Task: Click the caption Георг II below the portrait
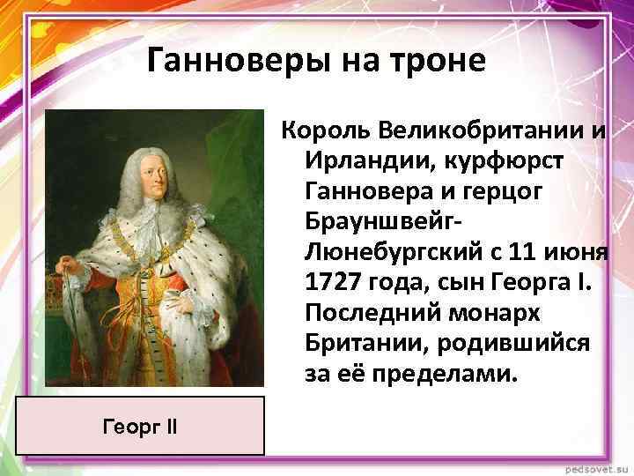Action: [140, 427]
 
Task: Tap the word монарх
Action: [506, 314]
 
